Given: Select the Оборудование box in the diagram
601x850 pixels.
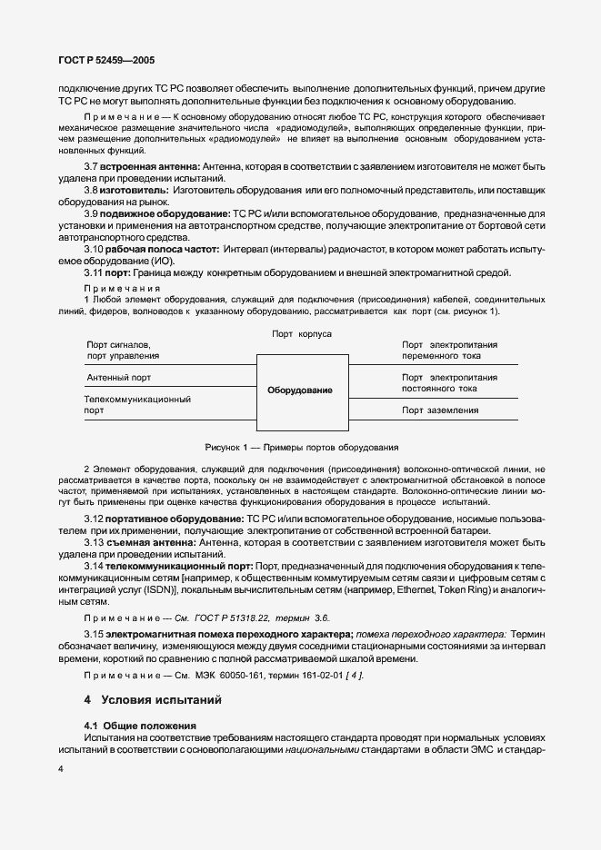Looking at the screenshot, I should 300,390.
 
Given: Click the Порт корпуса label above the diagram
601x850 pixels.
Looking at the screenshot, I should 302,334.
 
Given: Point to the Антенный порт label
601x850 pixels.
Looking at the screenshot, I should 118,377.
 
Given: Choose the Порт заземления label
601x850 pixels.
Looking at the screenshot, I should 440,410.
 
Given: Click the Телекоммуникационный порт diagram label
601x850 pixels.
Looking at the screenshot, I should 136,404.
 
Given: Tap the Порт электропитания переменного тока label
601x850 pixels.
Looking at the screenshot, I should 449,351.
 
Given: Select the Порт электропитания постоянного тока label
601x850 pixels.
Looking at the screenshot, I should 449,382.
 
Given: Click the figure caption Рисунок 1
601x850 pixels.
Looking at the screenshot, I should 301,448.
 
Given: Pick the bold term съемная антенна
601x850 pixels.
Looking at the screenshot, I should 149,542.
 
